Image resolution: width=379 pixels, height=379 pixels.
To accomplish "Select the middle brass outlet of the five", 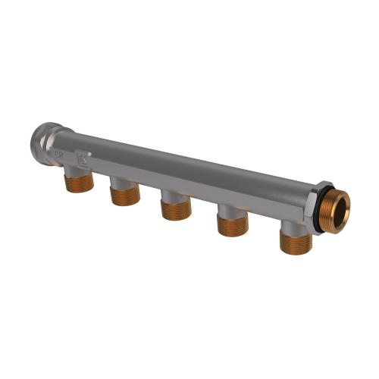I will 174,208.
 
